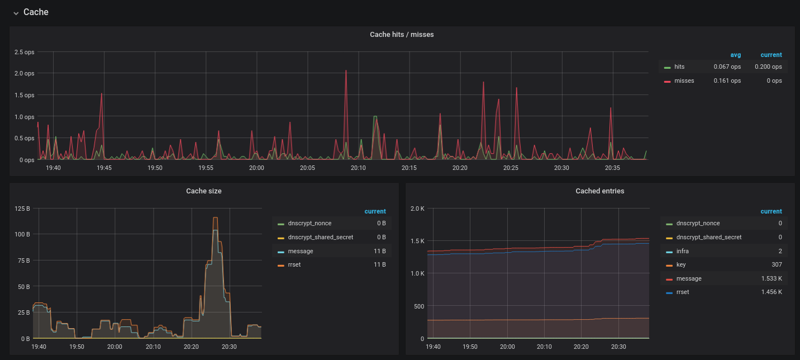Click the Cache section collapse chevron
click(16, 13)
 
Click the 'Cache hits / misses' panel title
click(402, 35)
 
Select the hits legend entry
click(679, 67)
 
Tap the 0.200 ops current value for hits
click(768, 67)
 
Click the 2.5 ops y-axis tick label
click(24, 52)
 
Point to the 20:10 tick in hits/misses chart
click(358, 168)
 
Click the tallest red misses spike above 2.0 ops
click(346, 72)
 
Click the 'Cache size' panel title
click(204, 191)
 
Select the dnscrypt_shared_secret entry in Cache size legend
click(320, 237)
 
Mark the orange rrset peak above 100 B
click(215, 218)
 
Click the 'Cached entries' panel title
click(600, 191)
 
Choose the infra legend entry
click(682, 251)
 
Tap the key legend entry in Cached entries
click(681, 264)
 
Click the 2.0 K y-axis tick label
click(417, 209)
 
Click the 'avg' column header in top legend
click(735, 55)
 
